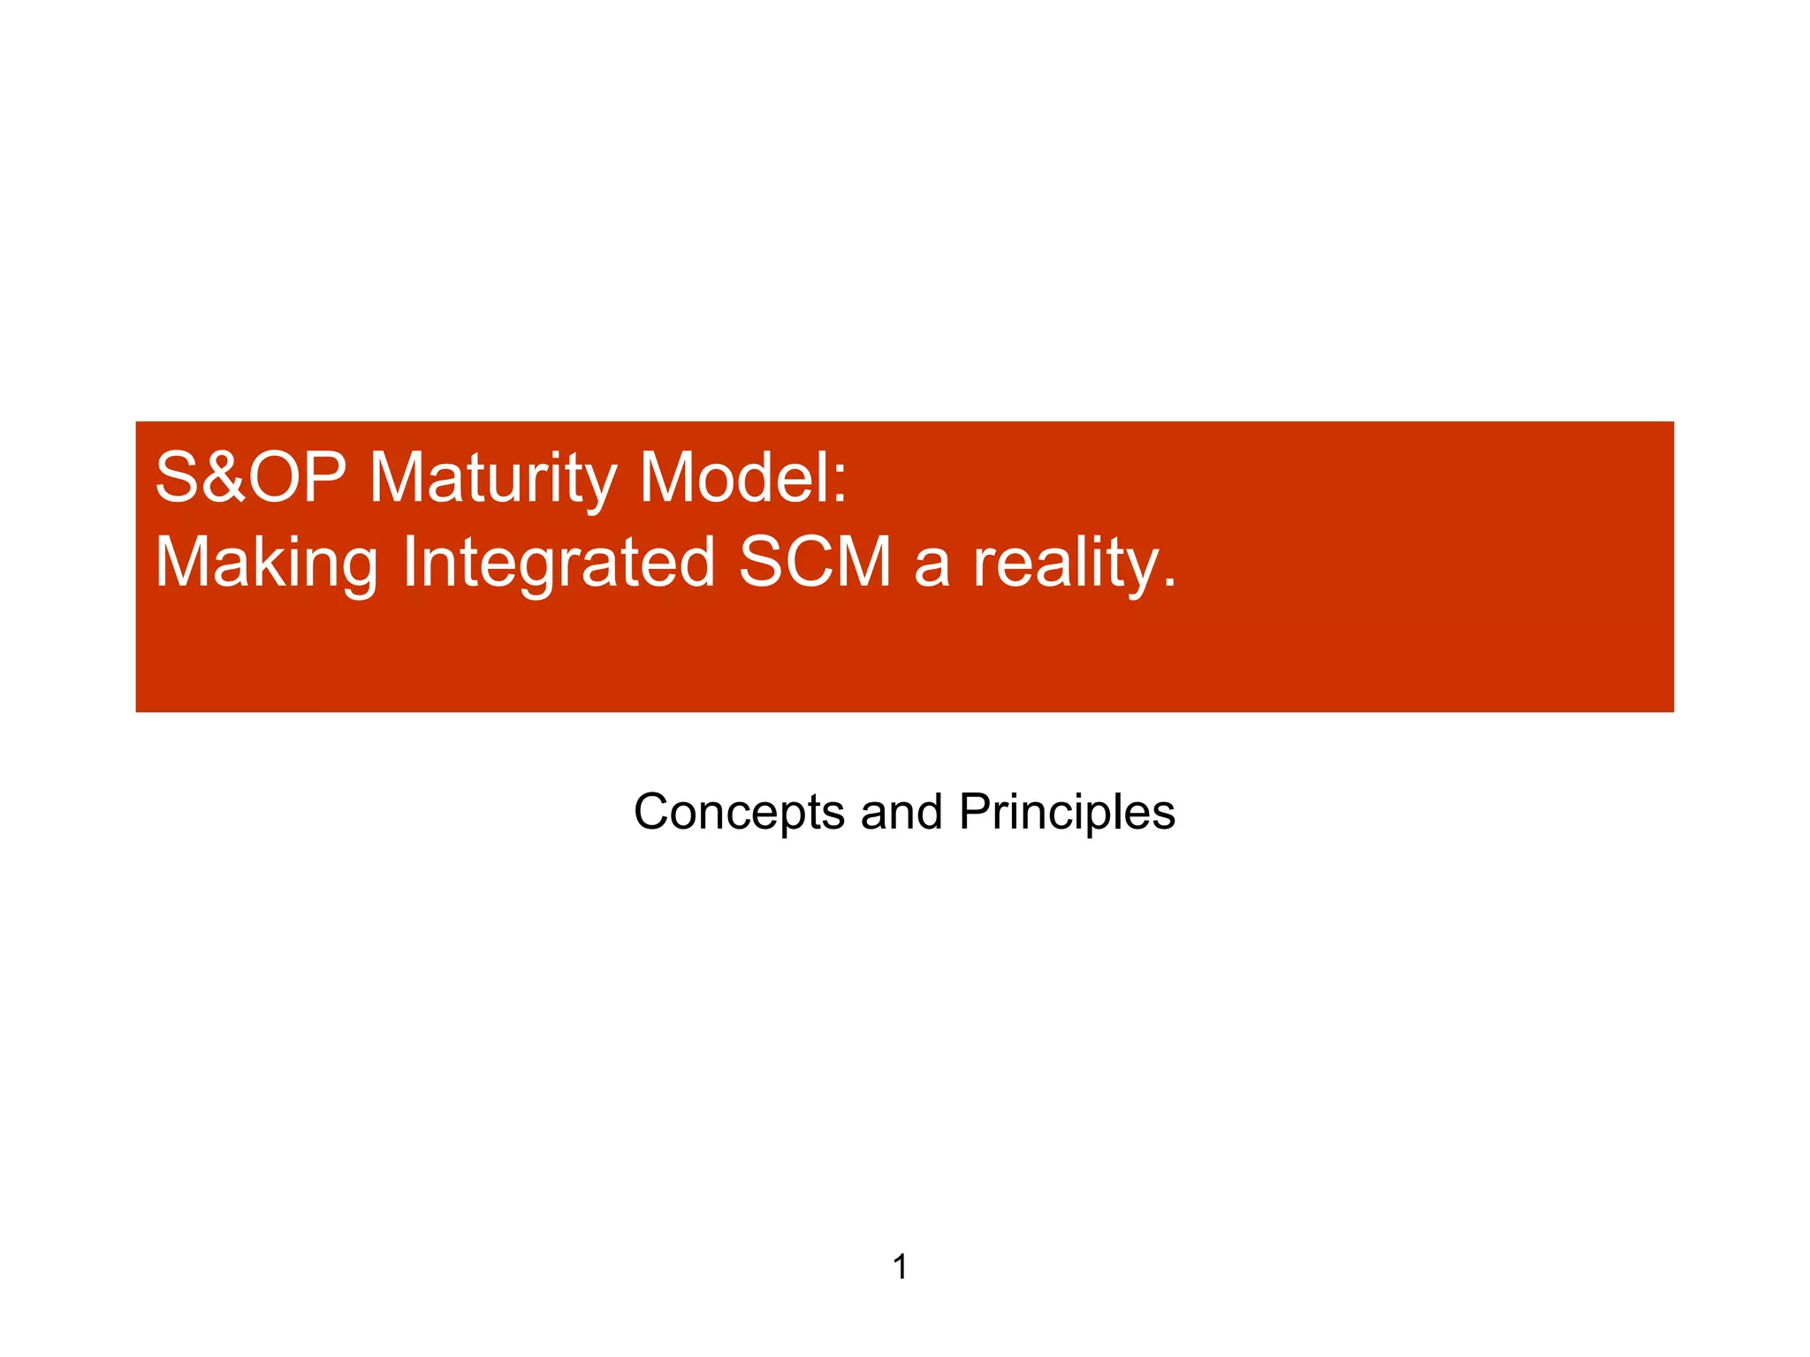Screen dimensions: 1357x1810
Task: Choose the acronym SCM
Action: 815,563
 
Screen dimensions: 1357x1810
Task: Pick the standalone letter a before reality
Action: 932,569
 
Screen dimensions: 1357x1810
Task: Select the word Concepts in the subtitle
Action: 739,812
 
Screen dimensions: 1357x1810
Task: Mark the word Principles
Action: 1067,812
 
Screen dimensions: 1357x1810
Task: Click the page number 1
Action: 901,1267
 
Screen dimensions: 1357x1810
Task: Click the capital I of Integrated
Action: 409,563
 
